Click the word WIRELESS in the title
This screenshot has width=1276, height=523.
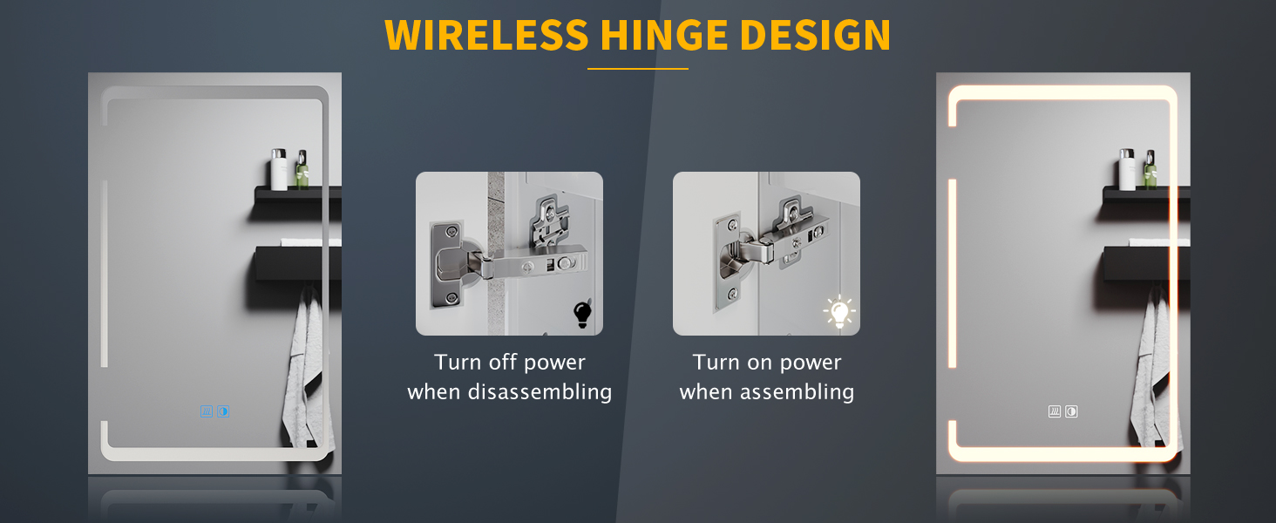[486, 36]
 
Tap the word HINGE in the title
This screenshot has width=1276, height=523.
[664, 36]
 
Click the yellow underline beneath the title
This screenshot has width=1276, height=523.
[638, 69]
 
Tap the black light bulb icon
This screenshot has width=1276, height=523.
[582, 314]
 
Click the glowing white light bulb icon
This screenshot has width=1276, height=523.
[839, 312]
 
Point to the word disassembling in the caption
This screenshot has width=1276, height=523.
[540, 392]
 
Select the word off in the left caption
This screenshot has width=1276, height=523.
[503, 362]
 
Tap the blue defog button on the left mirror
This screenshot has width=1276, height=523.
[207, 411]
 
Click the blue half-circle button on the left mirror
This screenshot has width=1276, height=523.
[223, 411]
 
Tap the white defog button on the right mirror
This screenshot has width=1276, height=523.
[1055, 411]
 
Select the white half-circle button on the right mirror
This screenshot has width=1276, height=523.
[1071, 411]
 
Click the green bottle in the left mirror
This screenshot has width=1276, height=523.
[302, 170]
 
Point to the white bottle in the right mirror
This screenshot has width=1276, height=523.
[1127, 169]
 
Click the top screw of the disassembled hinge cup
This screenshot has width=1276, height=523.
[451, 232]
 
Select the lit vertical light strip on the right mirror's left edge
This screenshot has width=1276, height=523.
[952, 274]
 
